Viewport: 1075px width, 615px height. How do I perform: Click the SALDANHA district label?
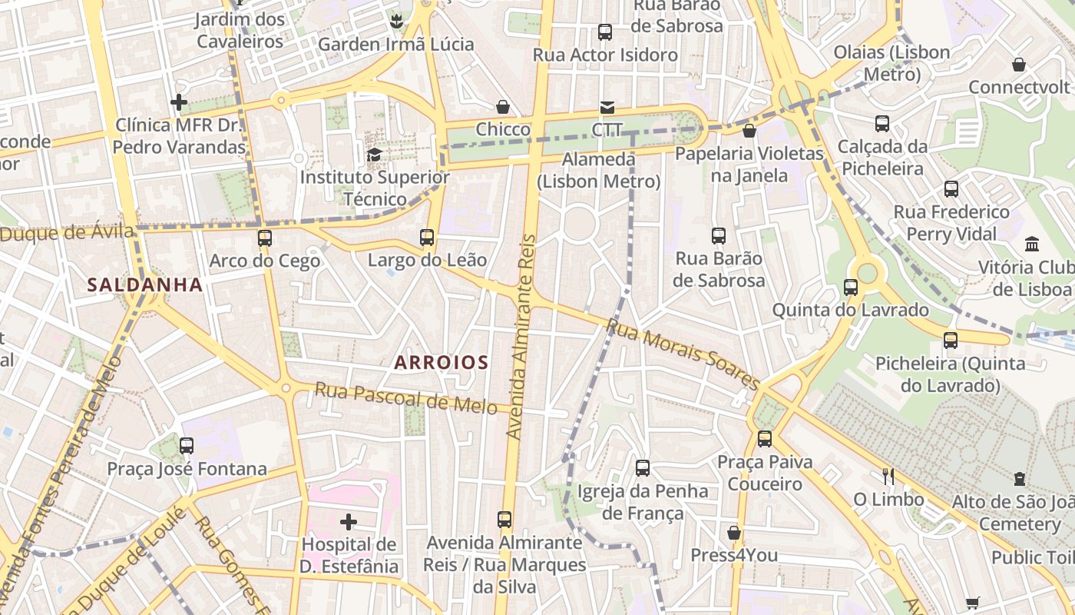(144, 285)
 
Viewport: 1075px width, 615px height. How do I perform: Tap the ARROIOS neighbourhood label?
(442, 362)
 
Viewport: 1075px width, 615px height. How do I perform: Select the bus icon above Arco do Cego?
(265, 238)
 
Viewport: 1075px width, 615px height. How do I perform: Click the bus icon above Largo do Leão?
(427, 238)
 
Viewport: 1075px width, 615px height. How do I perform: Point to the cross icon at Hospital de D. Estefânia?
(349, 522)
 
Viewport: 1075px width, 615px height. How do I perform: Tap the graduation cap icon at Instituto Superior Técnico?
(374, 155)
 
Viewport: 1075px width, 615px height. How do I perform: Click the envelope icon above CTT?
(607, 107)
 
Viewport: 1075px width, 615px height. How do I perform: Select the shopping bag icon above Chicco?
(503, 107)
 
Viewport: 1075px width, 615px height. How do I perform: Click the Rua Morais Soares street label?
(682, 354)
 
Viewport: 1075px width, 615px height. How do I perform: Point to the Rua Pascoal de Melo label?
(405, 398)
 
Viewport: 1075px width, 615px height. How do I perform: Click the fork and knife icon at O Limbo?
(888, 477)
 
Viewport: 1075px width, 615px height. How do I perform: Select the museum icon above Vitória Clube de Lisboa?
(1032, 244)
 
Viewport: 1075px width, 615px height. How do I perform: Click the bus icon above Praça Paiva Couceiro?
(764, 439)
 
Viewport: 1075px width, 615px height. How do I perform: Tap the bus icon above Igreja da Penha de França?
(643, 467)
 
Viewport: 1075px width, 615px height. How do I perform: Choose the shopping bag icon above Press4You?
(734, 533)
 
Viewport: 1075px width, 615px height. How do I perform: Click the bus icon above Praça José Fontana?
(187, 445)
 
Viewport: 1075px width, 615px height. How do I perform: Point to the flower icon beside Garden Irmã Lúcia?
(397, 21)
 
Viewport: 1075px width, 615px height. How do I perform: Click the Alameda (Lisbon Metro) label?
(599, 171)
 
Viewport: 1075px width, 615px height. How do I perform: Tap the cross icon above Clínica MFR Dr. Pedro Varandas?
(179, 101)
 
